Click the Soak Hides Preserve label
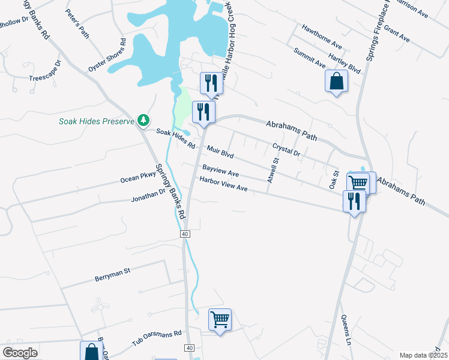tap(96, 121)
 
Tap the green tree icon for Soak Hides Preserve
tap(143, 121)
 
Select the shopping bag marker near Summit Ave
tap(336, 81)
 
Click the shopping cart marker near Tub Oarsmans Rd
tap(220, 320)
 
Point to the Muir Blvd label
tap(219, 152)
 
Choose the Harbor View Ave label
tap(223, 184)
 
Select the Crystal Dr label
tap(286, 149)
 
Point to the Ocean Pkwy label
tap(137, 178)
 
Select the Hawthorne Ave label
tap(322, 37)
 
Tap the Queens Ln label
tap(346, 327)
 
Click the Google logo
tap(20, 353)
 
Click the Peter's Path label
tap(77, 24)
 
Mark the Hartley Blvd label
tap(349, 62)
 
